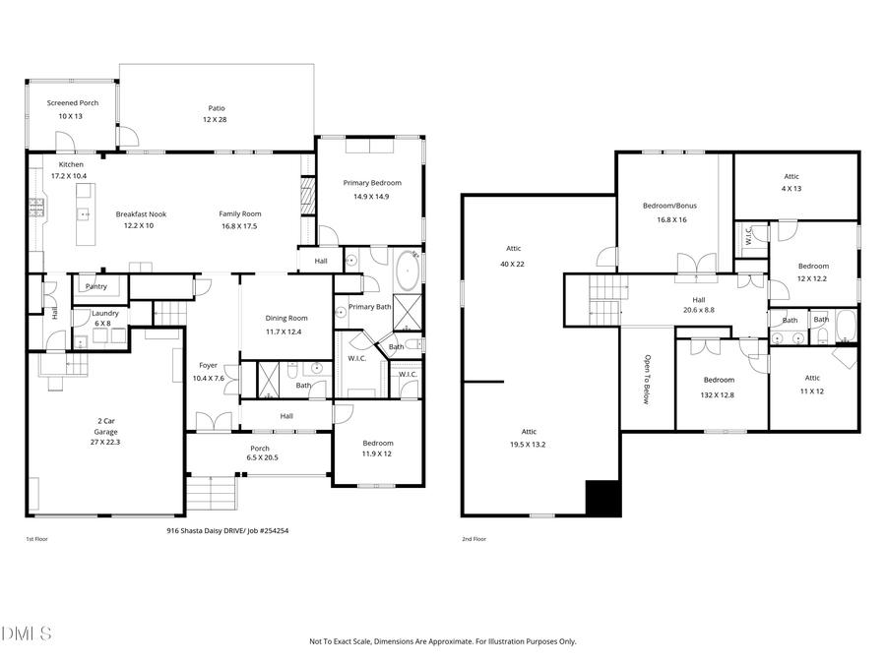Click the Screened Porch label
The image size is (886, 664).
pyautogui.click(x=73, y=103)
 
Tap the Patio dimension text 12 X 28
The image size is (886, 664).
pyautogui.click(x=216, y=119)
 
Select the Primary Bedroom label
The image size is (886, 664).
pyautogui.click(x=372, y=183)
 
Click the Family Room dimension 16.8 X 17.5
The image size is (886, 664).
pyautogui.click(x=239, y=225)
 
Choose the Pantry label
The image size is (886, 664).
pyautogui.click(x=96, y=286)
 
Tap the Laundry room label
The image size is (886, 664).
pyautogui.click(x=105, y=313)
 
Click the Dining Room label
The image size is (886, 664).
pyautogui.click(x=286, y=318)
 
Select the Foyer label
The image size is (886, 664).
pyautogui.click(x=208, y=366)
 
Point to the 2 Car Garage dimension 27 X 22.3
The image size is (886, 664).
pyautogui.click(x=105, y=443)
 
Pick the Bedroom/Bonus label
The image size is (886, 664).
pyautogui.click(x=669, y=206)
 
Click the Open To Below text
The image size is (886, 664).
pyautogui.click(x=648, y=380)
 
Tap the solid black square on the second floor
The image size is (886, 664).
pyautogui.click(x=603, y=499)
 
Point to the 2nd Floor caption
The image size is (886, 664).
pyautogui.click(x=475, y=539)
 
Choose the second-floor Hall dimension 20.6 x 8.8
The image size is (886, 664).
pyautogui.click(x=699, y=311)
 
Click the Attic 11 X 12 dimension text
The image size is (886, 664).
pyautogui.click(x=812, y=392)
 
